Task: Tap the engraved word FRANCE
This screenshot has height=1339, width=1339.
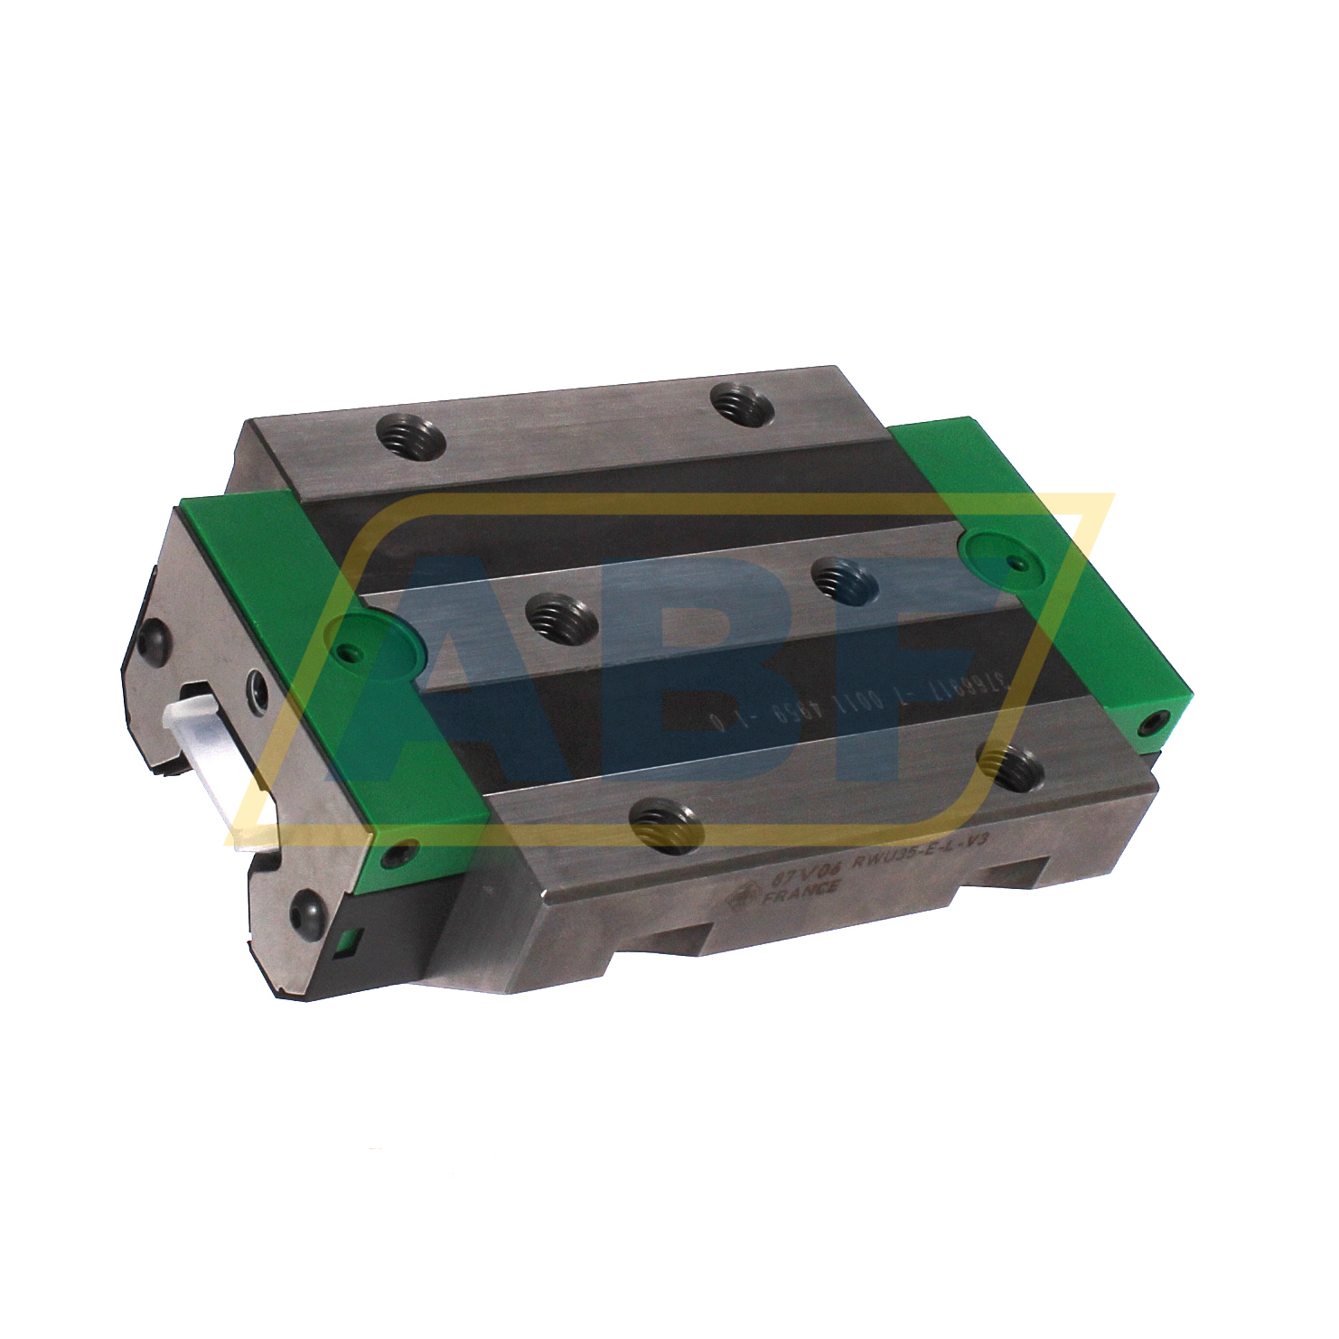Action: tap(801, 893)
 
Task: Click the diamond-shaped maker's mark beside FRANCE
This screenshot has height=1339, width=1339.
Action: tap(747, 894)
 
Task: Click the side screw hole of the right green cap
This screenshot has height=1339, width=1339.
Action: tap(1151, 720)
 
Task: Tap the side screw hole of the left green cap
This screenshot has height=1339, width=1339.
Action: tap(397, 852)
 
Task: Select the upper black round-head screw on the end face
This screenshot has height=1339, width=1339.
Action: tap(148, 641)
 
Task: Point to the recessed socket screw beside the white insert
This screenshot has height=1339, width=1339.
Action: tap(257, 690)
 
